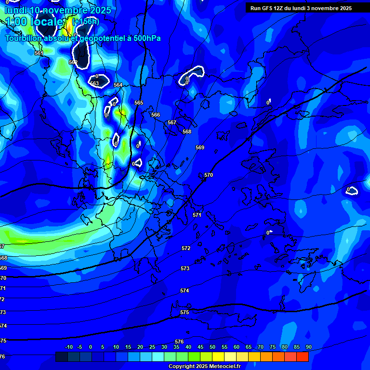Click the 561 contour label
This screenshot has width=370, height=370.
click(x=39, y=53)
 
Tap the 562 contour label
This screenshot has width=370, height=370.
click(x=73, y=62)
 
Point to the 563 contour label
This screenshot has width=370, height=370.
click(x=94, y=83)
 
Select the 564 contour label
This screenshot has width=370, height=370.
click(x=118, y=85)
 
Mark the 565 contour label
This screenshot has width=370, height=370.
click(x=139, y=103)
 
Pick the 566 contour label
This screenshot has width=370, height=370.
click(x=156, y=115)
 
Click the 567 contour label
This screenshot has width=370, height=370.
click(x=172, y=122)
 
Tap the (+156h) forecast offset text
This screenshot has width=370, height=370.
click(x=86, y=22)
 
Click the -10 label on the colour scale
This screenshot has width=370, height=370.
click(x=68, y=347)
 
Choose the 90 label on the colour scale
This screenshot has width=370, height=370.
click(x=308, y=347)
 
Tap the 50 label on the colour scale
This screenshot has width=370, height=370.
click(x=212, y=347)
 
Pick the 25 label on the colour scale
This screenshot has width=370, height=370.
click(x=152, y=347)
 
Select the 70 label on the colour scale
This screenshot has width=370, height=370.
click(x=260, y=347)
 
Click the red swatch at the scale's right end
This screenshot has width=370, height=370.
click(x=303, y=357)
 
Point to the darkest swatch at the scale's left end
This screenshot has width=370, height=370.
click(x=62, y=357)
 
